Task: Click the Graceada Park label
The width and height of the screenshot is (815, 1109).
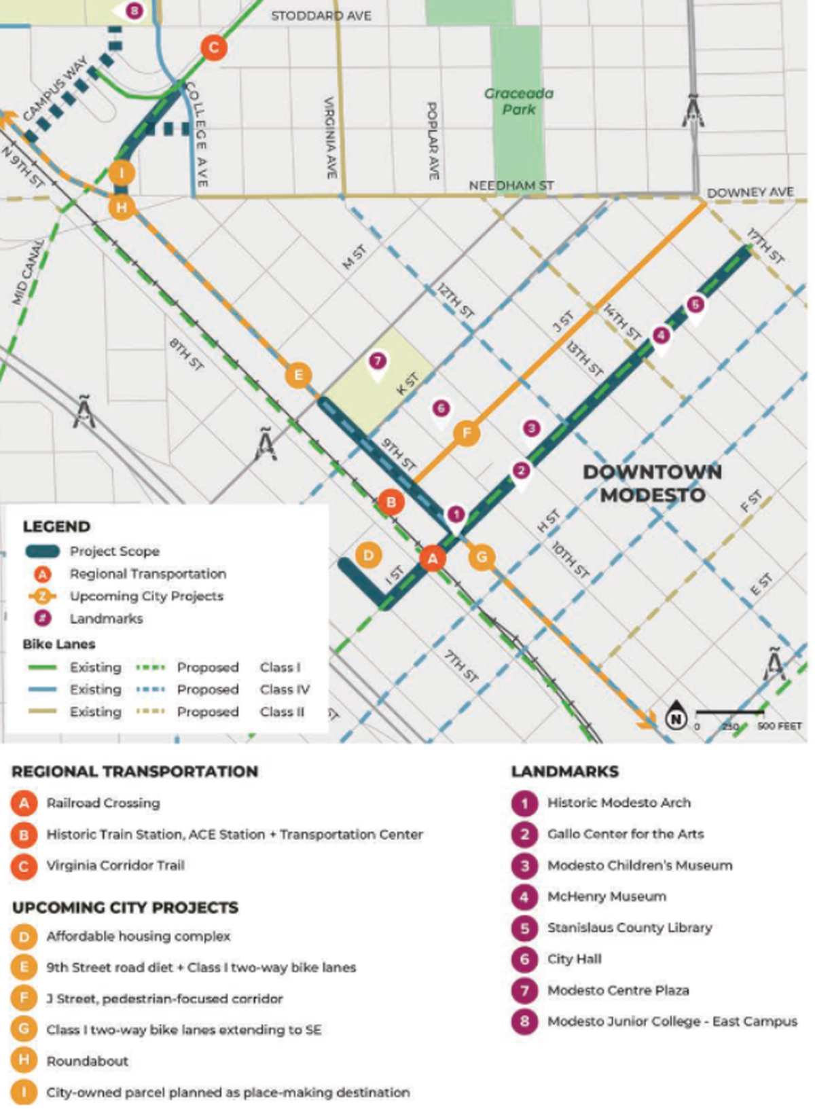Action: click(519, 101)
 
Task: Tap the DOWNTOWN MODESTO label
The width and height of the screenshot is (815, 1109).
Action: click(652, 484)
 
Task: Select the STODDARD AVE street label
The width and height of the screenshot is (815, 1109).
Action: click(321, 16)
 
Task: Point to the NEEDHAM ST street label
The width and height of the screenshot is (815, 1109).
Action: click(511, 185)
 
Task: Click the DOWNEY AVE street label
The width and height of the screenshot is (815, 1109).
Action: click(750, 193)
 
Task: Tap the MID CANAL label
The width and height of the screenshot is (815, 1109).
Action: click(28, 272)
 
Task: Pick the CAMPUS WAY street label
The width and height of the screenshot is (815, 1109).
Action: click(56, 89)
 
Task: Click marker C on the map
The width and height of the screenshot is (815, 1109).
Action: click(213, 48)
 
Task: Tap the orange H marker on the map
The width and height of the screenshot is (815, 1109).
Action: click(122, 207)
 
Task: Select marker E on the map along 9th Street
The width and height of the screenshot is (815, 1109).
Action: click(297, 375)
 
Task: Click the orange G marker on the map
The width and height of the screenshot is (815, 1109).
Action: click(482, 558)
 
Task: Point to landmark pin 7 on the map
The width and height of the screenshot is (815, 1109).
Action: click(378, 361)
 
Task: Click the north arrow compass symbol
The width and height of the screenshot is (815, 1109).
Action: click(675, 718)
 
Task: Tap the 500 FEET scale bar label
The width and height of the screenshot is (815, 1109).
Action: click(780, 726)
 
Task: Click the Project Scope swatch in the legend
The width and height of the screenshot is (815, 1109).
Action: click(42, 551)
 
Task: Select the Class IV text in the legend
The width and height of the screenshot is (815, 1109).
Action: click(285, 689)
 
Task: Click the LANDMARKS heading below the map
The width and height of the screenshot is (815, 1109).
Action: click(564, 771)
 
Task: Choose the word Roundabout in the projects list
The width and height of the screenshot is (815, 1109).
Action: click(88, 1061)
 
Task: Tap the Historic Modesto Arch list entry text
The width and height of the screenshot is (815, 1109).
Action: click(619, 803)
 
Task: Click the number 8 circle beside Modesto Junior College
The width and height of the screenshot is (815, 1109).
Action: click(524, 1021)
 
